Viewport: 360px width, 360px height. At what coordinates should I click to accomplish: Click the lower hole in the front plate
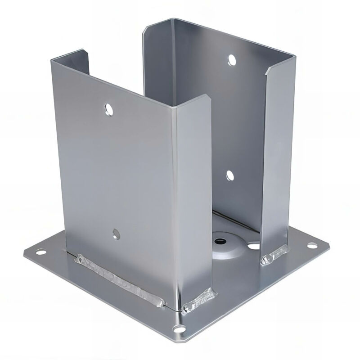coord(116,233)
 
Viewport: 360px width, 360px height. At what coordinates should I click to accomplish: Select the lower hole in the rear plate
coord(230,175)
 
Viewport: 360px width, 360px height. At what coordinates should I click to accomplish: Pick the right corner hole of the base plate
coord(310,246)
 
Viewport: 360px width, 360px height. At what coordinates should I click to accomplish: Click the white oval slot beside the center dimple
coord(254,246)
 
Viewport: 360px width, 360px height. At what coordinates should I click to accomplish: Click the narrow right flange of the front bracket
coord(193,198)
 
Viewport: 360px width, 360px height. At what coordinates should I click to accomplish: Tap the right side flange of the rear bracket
coord(275,157)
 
